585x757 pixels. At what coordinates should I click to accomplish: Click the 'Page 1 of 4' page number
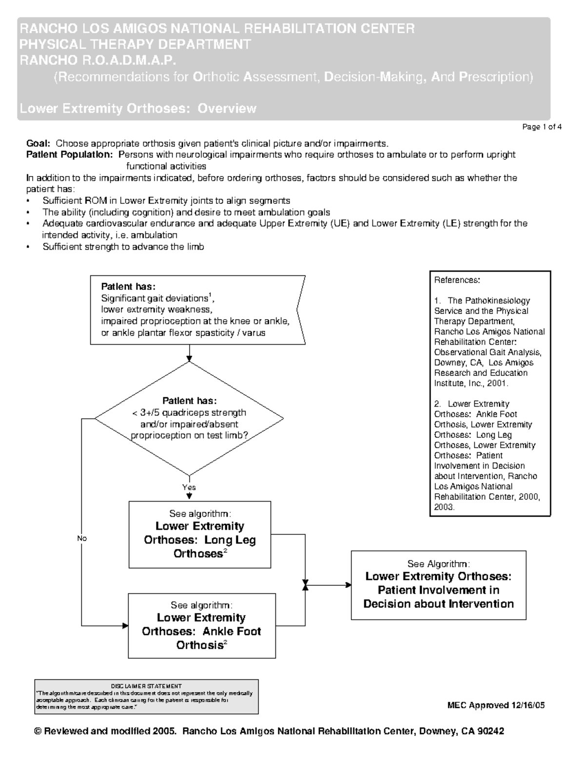(542, 127)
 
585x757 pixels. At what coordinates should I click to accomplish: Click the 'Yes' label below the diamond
(189, 487)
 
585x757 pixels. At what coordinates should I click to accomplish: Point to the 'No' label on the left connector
(81, 538)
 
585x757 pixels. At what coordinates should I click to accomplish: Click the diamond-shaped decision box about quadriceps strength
(189, 418)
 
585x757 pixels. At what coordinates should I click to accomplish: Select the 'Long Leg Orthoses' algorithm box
(199, 535)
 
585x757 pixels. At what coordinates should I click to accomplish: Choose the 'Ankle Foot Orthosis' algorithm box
(201, 626)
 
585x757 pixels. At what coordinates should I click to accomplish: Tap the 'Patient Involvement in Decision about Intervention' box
(438, 585)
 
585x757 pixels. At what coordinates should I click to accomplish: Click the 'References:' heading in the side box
(457, 280)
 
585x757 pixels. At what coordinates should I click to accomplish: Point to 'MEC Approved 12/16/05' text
(496, 705)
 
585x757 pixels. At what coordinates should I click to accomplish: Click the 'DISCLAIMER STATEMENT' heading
(146, 686)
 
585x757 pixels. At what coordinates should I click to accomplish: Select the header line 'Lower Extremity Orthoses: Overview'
(137, 108)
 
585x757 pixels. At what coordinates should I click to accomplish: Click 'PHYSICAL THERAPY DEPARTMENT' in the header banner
(135, 44)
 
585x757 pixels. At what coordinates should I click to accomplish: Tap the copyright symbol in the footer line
(38, 732)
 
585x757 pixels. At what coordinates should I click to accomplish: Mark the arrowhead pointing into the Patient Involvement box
(348, 585)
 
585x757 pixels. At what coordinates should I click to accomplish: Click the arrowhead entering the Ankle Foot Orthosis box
(125, 625)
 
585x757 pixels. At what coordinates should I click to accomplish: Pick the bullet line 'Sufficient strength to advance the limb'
(123, 247)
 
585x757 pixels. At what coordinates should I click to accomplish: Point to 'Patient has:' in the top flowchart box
(128, 287)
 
